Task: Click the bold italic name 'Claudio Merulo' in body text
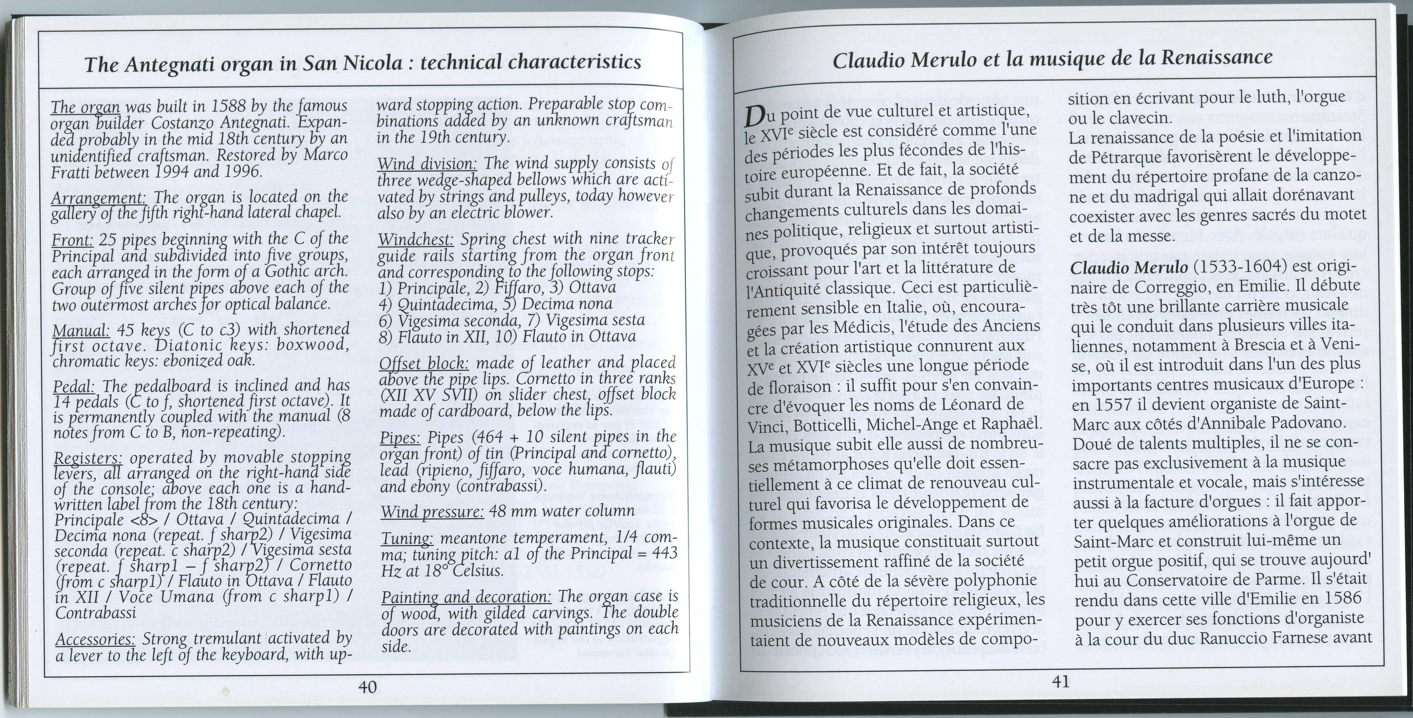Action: pyautogui.click(x=1129, y=268)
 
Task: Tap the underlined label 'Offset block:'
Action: pyautogui.click(x=423, y=364)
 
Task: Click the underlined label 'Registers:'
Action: pyautogui.click(x=89, y=458)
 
